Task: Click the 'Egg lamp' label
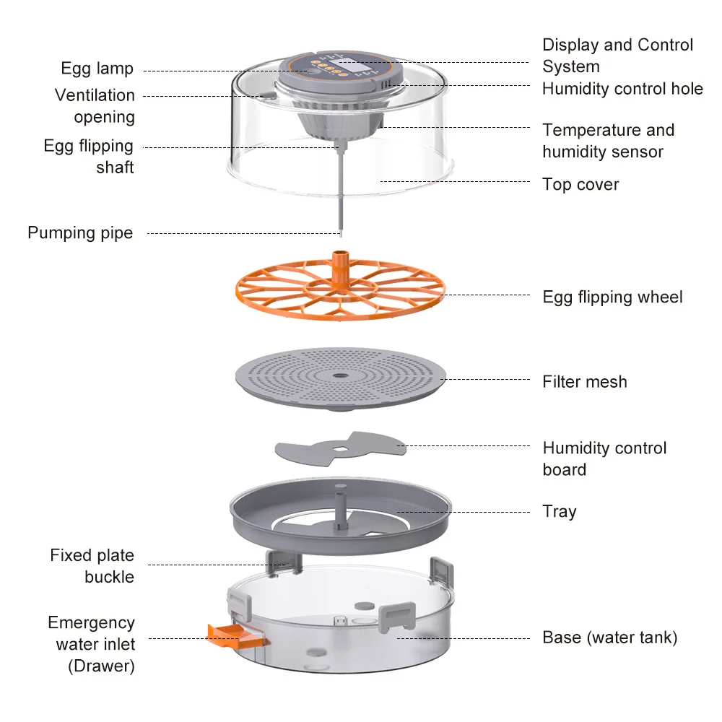(97, 69)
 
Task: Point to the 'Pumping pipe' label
(80, 233)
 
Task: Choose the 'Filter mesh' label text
(585, 382)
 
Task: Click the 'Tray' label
(560, 512)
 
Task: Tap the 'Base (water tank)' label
(610, 638)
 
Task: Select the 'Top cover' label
(580, 185)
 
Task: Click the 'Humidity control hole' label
(622, 89)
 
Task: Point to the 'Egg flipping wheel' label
(612, 297)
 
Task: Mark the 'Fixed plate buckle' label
(92, 566)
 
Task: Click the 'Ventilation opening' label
(95, 106)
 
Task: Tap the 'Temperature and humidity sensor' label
(608, 141)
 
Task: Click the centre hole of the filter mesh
(339, 375)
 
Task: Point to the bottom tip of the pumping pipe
(339, 232)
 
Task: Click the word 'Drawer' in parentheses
(102, 666)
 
